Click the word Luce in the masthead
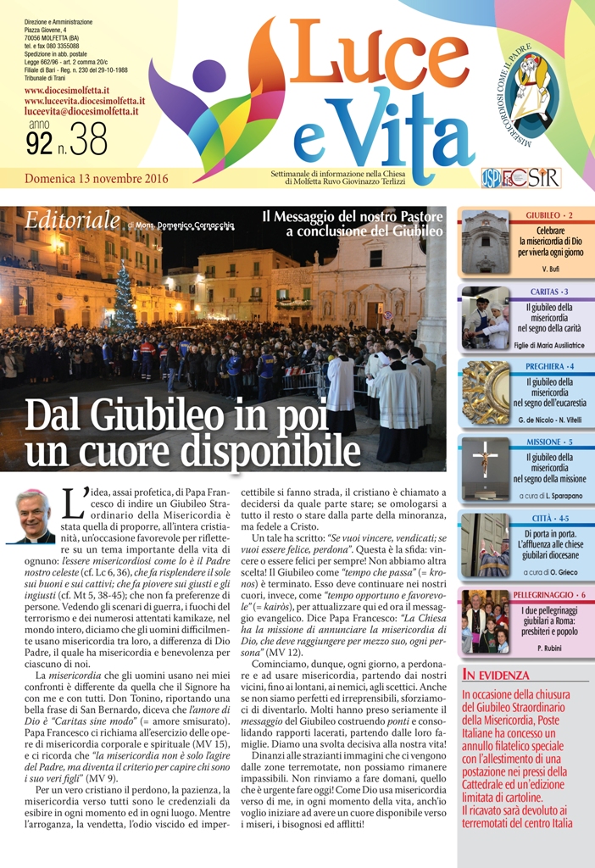(x=386, y=66)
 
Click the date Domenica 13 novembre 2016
(x=97, y=179)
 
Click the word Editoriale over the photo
(x=72, y=221)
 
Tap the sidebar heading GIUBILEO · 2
(x=548, y=216)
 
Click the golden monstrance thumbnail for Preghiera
(x=486, y=392)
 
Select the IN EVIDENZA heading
(x=496, y=675)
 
